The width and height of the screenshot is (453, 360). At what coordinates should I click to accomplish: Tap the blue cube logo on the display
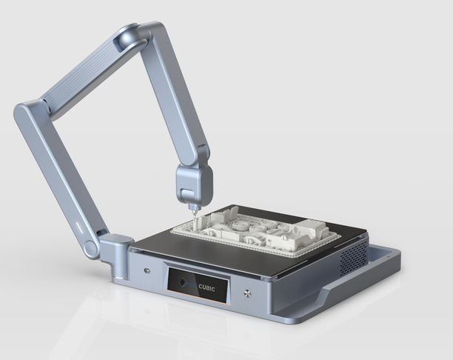click(x=183, y=282)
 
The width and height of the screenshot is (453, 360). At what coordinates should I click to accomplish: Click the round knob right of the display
click(x=247, y=293)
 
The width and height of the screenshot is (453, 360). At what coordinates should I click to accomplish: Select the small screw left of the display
click(x=147, y=270)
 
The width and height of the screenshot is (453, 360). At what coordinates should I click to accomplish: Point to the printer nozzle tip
click(x=194, y=215)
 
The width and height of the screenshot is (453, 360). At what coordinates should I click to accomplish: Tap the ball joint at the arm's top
click(x=127, y=39)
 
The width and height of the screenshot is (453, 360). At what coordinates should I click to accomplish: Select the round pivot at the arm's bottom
click(x=90, y=248)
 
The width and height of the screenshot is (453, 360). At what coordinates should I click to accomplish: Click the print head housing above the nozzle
click(x=195, y=184)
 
